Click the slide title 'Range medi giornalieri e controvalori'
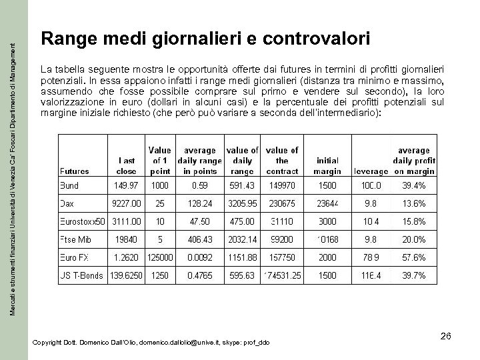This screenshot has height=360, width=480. coord(205,40)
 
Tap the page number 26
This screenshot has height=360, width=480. coord(446,337)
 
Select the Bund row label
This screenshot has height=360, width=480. coord(87,185)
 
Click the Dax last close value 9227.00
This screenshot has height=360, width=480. coord(126,203)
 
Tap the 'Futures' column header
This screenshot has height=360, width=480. coord(93,171)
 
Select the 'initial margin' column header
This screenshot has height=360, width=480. coord(346,165)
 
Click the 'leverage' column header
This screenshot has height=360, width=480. coord(391,171)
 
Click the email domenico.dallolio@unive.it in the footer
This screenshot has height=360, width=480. coord(183,342)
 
